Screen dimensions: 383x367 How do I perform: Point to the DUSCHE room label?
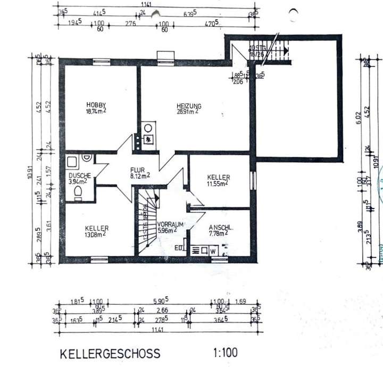click(79, 176)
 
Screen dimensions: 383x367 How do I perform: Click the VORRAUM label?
click(170, 224)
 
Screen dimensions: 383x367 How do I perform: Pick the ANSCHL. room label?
click(219, 226)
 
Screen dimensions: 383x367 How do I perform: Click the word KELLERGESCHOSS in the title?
click(110, 353)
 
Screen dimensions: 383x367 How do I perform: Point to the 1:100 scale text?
click(226, 352)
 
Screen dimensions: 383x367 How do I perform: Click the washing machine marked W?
click(213, 250)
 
